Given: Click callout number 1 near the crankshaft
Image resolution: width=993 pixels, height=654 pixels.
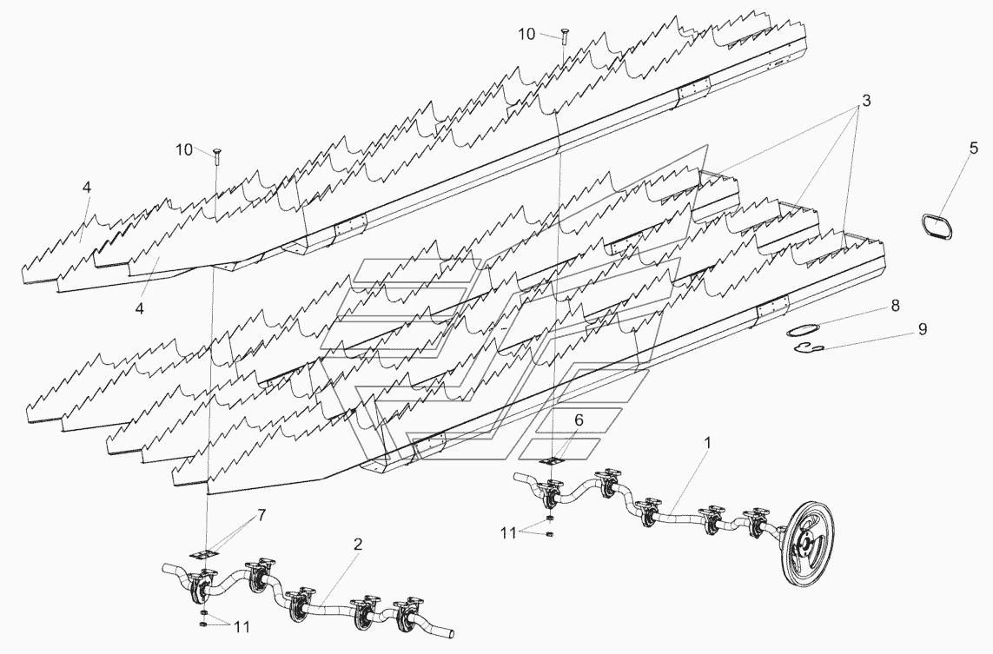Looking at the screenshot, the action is click(x=707, y=443).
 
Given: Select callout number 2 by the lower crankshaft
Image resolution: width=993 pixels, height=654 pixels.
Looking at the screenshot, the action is click(x=358, y=544).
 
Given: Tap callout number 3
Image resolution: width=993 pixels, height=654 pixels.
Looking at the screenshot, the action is click(x=865, y=100).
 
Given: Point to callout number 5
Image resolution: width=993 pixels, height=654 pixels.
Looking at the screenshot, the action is click(x=973, y=149).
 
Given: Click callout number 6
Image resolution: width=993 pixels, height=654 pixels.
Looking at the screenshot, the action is click(x=579, y=419).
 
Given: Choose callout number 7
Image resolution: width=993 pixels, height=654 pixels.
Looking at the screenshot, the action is click(x=261, y=515).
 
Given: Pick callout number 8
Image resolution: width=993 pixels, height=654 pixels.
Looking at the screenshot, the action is click(x=895, y=306).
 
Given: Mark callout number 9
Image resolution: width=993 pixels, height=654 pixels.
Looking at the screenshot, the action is click(x=922, y=329).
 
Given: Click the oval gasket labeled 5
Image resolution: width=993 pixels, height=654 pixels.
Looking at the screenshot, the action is click(x=937, y=226).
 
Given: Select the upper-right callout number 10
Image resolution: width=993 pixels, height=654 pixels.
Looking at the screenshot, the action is click(x=526, y=34).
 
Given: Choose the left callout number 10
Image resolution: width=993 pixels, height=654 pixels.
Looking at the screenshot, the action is click(x=184, y=150).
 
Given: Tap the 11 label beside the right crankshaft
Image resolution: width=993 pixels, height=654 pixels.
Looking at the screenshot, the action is click(x=508, y=534).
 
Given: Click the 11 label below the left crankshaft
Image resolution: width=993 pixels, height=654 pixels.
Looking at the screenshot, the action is click(x=242, y=627).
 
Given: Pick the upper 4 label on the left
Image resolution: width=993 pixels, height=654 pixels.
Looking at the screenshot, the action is click(x=86, y=187).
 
